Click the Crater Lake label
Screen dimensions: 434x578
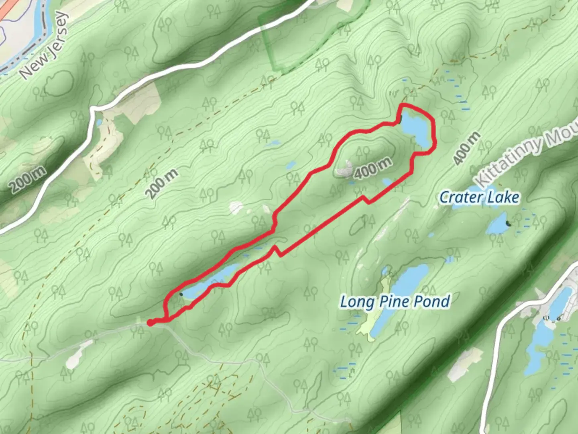479,197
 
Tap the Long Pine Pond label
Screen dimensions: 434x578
395,301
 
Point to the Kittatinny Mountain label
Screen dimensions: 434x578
526,157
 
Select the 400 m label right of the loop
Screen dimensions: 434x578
466,148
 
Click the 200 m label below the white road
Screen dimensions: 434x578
161,184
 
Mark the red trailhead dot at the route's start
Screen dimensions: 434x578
150,322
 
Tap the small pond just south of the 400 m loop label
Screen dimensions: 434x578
387,182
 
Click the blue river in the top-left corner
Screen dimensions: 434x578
40,24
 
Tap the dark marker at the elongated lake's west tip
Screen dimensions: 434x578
181,295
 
